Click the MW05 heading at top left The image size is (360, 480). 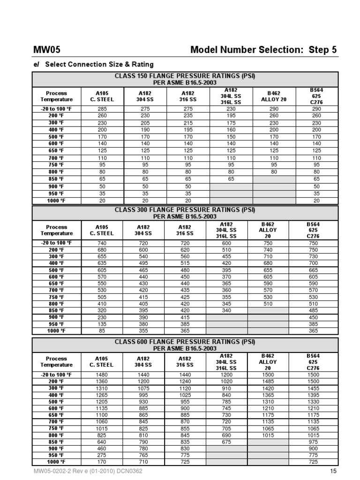pyautogui.click(x=46, y=50)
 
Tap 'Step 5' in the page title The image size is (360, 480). pyautogui.click(x=321, y=50)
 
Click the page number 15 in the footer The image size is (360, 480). pyautogui.click(x=333, y=471)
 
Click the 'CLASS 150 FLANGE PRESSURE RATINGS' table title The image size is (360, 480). pyautogui.click(x=185, y=75)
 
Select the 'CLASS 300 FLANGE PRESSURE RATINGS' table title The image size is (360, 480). pyautogui.click(x=185, y=210)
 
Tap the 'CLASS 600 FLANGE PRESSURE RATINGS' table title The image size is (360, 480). pyautogui.click(x=185, y=342)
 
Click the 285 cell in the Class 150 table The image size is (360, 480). pyautogui.click(x=102, y=109)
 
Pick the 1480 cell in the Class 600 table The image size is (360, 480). pyautogui.click(x=102, y=375)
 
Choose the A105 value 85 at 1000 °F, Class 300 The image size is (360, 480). pyautogui.click(x=102, y=330)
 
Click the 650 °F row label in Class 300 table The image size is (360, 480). pyautogui.click(x=56, y=284)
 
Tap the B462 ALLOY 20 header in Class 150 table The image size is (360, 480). pyautogui.click(x=274, y=96)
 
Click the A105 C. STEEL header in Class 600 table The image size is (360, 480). pyautogui.click(x=102, y=361)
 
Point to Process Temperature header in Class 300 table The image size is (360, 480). pyautogui.click(x=56, y=230)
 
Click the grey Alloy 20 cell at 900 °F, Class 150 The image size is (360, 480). pyautogui.click(x=274, y=186)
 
